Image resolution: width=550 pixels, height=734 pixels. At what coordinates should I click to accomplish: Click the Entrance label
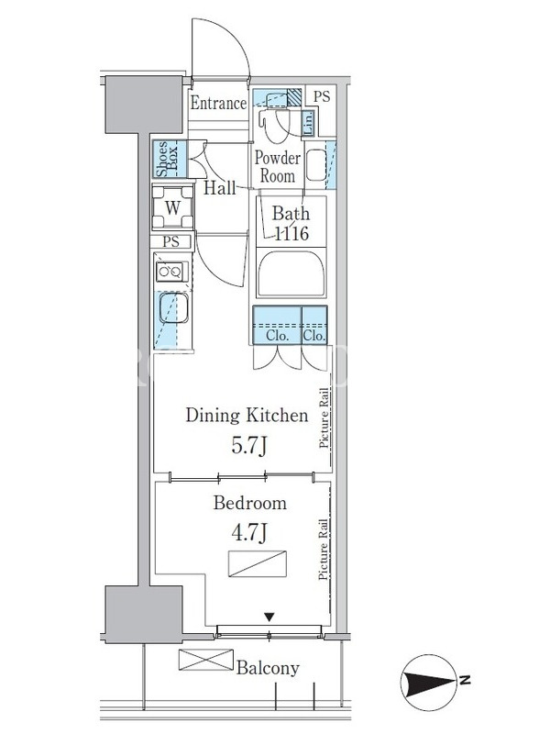pyautogui.click(x=218, y=103)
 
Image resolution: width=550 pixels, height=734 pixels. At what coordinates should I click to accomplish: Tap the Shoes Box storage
pyautogui.click(x=169, y=159)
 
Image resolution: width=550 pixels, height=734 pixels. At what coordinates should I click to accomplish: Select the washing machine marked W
pyautogui.click(x=172, y=207)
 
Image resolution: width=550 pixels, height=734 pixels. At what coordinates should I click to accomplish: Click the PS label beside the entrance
pyautogui.click(x=322, y=96)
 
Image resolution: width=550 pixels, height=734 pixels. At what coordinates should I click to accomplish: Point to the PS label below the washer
pyautogui.click(x=171, y=241)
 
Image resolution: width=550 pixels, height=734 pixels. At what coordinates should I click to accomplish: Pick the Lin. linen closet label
pyautogui.click(x=308, y=124)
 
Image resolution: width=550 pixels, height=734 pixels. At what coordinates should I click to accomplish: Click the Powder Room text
pyautogui.click(x=278, y=167)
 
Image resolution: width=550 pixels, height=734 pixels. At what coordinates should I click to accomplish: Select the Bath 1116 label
pyautogui.click(x=291, y=223)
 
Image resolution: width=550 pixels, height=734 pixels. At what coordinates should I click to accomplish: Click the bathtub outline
pyautogui.click(x=291, y=273)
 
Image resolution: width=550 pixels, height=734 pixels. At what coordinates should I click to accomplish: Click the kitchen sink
pyautogui.click(x=173, y=308)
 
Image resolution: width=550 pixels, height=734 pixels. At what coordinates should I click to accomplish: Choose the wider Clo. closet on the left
pyautogui.click(x=277, y=325)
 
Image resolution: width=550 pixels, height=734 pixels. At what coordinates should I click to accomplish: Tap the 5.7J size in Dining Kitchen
pyautogui.click(x=249, y=446)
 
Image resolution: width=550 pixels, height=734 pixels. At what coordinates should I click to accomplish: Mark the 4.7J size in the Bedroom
pyautogui.click(x=249, y=532)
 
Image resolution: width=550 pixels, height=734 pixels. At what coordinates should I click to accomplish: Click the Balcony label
pyautogui.click(x=268, y=668)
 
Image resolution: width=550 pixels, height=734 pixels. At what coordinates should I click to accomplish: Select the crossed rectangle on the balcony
pyautogui.click(x=205, y=660)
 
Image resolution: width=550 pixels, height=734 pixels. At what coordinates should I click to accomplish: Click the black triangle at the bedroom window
pyautogui.click(x=269, y=617)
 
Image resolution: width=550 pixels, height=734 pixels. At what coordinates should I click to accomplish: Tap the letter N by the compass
pyautogui.click(x=465, y=680)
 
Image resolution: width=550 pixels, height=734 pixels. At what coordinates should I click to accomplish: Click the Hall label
pyautogui.click(x=220, y=188)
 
